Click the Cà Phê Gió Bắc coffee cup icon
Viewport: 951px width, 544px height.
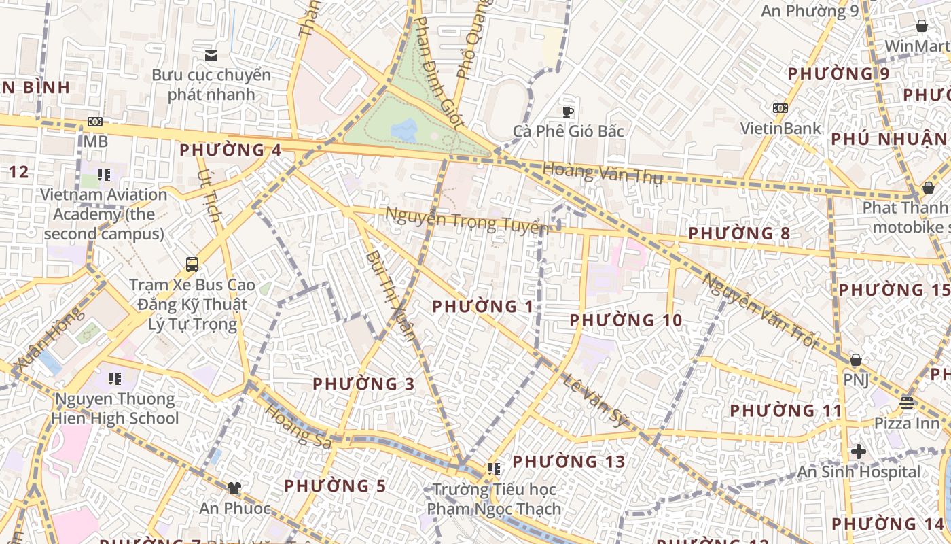tap(568, 111)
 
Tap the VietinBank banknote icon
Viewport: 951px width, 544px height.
tap(780, 108)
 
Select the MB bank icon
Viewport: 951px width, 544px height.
tap(95, 122)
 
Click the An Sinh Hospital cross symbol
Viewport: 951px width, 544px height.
tap(858, 451)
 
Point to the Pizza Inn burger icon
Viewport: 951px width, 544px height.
tap(907, 403)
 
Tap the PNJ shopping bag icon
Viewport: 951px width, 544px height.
tap(856, 359)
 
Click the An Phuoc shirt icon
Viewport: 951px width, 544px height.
tap(234, 488)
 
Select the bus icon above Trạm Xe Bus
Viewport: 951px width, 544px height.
tap(192, 264)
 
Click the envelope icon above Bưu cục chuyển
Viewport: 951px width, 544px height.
tap(211, 55)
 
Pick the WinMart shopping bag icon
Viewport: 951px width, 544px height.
tap(922, 26)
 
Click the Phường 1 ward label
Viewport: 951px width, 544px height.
tap(483, 307)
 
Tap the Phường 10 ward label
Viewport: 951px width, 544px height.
tap(626, 320)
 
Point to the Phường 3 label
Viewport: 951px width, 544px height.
tap(363, 384)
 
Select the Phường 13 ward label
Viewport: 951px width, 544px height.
tap(569, 462)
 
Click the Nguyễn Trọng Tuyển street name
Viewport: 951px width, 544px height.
tap(466, 221)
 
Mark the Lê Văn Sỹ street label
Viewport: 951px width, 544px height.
tap(595, 400)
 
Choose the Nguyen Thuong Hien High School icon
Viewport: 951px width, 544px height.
tap(114, 378)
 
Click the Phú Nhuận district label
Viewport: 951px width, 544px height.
tap(889, 139)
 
